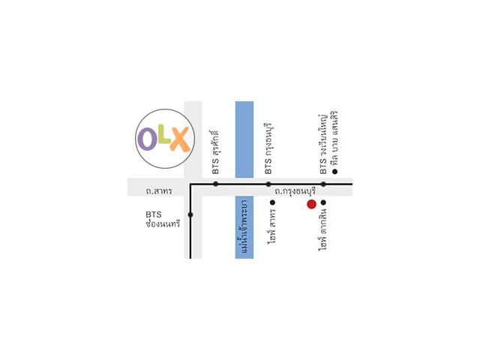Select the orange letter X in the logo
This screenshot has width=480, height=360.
pos(179,138)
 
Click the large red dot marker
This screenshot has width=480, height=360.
pos(311,203)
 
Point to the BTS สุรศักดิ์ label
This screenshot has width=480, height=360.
pos(216,149)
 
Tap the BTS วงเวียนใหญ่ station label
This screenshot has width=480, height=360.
pos(324,142)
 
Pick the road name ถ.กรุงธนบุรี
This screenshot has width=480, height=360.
pos(293,192)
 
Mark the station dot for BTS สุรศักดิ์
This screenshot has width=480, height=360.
pos(216,184)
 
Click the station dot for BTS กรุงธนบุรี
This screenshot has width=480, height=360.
pos(268,184)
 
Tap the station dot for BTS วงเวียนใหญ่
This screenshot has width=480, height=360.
pos(323,184)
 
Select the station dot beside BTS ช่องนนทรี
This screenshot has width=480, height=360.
pos(190,215)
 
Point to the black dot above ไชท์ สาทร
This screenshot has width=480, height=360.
pos(272,202)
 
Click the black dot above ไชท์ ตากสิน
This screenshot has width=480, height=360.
pos(323,202)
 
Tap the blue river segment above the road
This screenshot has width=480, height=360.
pos(244,139)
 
